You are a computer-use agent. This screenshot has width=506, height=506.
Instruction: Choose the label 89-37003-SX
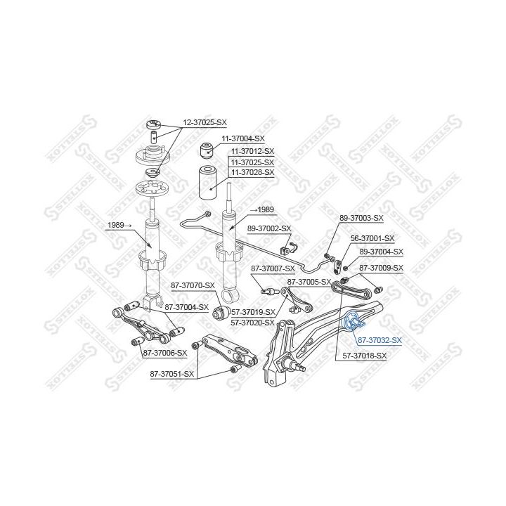tap(361, 219)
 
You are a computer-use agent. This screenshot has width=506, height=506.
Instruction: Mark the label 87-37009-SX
tap(381, 268)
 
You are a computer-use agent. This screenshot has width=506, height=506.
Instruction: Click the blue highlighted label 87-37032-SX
tap(379, 340)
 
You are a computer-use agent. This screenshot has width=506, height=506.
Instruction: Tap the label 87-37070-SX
tap(192, 285)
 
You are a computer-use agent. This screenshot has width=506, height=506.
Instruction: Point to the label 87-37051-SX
tap(173, 374)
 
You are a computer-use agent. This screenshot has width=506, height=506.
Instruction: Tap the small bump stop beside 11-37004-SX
tap(207, 149)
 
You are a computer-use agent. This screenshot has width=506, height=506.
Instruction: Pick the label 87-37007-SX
tap(273, 269)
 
